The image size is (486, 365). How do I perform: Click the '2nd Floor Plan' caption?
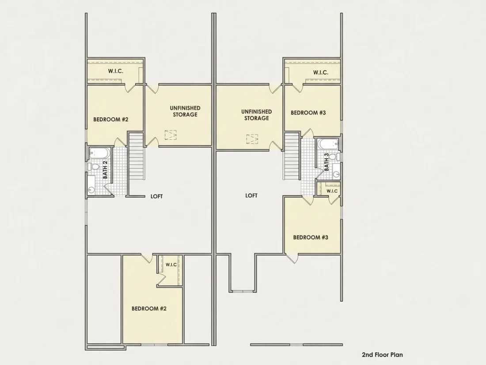pyautogui.click(x=382, y=355)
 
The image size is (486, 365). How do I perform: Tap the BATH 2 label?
pyautogui.click(x=105, y=170)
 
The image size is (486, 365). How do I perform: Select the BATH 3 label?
pyautogui.click(x=327, y=162)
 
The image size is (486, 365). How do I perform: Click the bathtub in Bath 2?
pyautogui.click(x=99, y=153)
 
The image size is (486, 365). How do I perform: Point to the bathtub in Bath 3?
pyautogui.click(x=328, y=144)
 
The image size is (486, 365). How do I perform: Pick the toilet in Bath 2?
pyautogui.click(x=94, y=167)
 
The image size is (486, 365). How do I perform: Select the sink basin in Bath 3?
pyautogui.click(x=336, y=174)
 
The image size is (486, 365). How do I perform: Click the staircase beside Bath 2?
pyautogui.click(x=137, y=156)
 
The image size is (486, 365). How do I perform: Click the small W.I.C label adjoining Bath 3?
pyautogui.click(x=332, y=191)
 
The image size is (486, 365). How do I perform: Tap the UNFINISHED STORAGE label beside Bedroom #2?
pyautogui.click(x=185, y=111)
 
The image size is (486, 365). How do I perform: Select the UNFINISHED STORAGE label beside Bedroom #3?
pyautogui.click(x=257, y=115)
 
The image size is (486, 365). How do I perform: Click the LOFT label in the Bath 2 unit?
pyautogui.click(x=156, y=196)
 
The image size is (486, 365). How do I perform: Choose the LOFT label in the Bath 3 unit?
pyautogui.click(x=251, y=196)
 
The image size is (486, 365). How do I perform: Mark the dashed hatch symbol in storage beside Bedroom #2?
pyautogui.click(x=171, y=134)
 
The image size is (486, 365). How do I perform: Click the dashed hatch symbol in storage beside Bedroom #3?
pyautogui.click(x=252, y=139)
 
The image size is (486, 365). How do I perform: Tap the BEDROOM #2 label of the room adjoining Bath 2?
pyautogui.click(x=110, y=119)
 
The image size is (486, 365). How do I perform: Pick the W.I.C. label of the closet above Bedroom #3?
pyautogui.click(x=320, y=72)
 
